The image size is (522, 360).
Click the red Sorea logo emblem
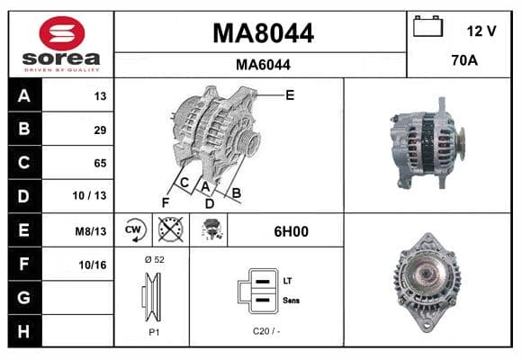[x=62, y=33]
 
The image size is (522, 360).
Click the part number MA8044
[x=263, y=33]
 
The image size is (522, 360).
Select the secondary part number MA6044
[x=263, y=65]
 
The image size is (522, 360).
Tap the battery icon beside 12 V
[x=427, y=26]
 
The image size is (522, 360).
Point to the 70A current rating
[x=464, y=60]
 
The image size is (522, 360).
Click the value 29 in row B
[x=100, y=130]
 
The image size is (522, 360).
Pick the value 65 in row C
[x=100, y=163]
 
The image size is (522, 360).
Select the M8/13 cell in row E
[x=91, y=231]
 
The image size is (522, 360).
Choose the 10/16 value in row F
[x=93, y=265]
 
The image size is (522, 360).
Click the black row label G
[x=24, y=297]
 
